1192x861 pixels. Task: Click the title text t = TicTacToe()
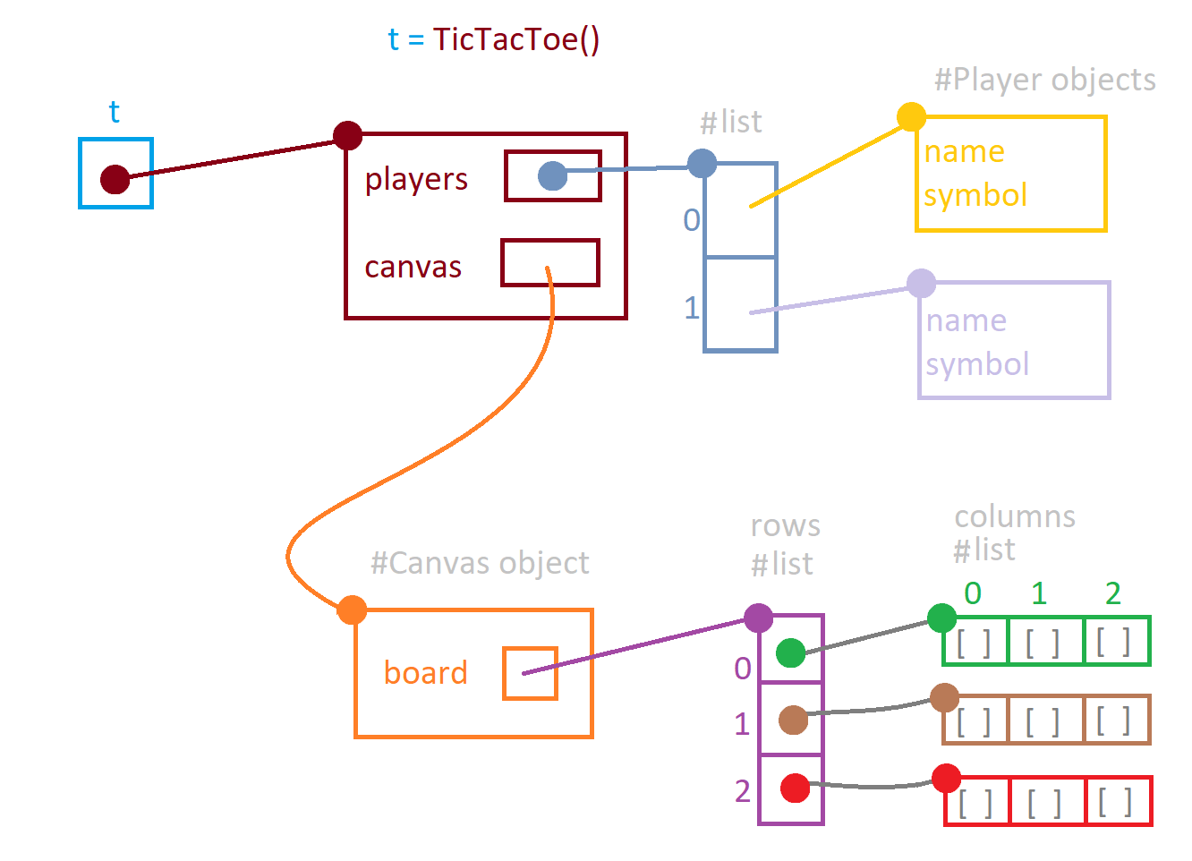click(493, 39)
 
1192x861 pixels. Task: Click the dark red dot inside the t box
click(115, 179)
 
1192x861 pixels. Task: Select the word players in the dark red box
click(416, 179)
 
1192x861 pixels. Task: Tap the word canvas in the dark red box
click(413, 267)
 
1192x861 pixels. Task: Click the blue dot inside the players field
click(552, 176)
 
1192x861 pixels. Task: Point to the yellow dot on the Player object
click(911, 116)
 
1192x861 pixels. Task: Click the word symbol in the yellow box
click(975, 195)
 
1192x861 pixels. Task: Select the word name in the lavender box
click(966, 320)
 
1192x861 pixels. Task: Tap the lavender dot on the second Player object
click(921, 284)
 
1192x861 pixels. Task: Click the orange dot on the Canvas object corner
click(353, 610)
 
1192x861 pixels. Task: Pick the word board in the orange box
click(426, 672)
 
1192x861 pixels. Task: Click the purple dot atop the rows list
click(758, 618)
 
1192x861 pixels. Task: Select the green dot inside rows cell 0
click(790, 652)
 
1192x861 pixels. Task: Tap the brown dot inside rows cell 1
click(793, 720)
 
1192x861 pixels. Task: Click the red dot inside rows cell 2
click(795, 789)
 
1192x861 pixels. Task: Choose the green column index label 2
click(1112, 593)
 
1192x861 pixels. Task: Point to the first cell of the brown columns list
click(975, 720)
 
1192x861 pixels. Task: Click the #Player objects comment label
click(1044, 80)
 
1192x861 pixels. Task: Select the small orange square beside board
click(530, 673)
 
